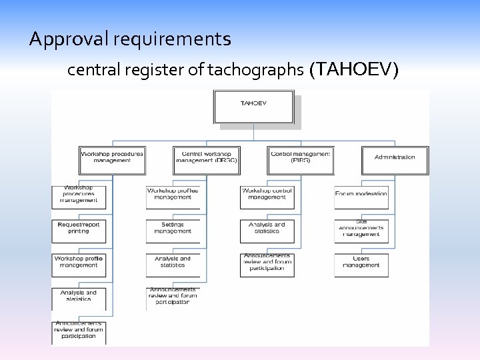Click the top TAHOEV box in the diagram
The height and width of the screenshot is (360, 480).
[253, 107]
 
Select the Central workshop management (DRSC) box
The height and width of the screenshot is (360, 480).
[205, 160]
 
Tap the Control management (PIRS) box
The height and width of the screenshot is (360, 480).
[300, 160]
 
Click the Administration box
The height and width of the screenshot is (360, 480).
[395, 160]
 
